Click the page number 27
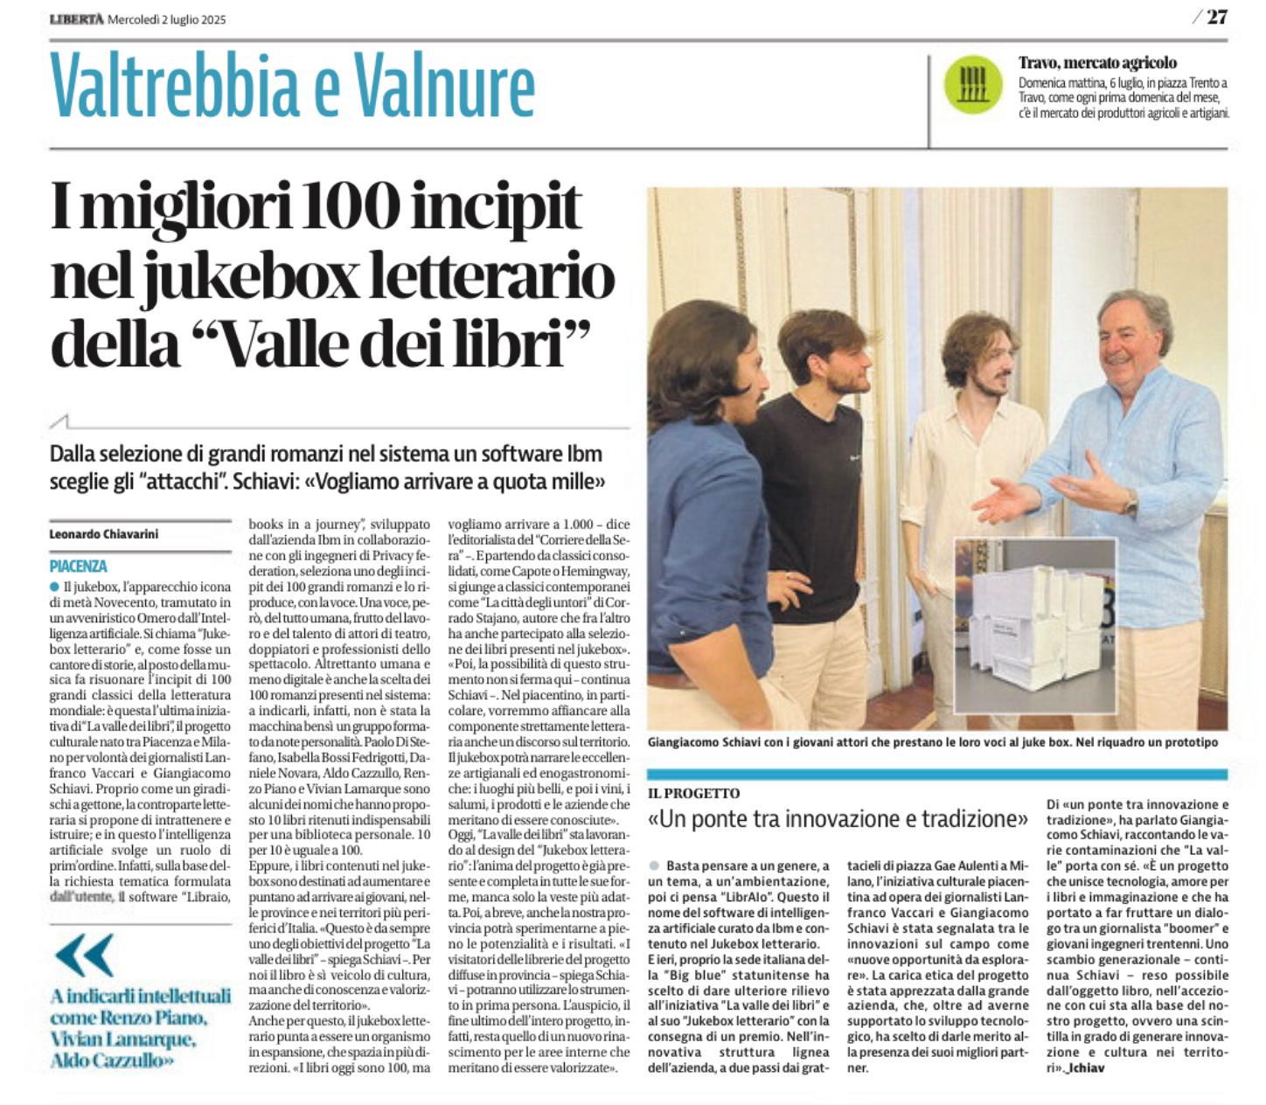point(1216,17)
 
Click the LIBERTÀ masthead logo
point(76,18)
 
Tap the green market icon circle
point(972,84)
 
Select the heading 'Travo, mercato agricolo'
point(1097,62)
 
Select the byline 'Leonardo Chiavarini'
point(104,533)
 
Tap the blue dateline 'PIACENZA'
point(79,566)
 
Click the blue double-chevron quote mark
point(83,955)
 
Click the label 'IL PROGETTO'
point(694,793)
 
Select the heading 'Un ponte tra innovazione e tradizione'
point(838,819)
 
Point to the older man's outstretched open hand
point(1005,499)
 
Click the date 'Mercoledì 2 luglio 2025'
point(166,19)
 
